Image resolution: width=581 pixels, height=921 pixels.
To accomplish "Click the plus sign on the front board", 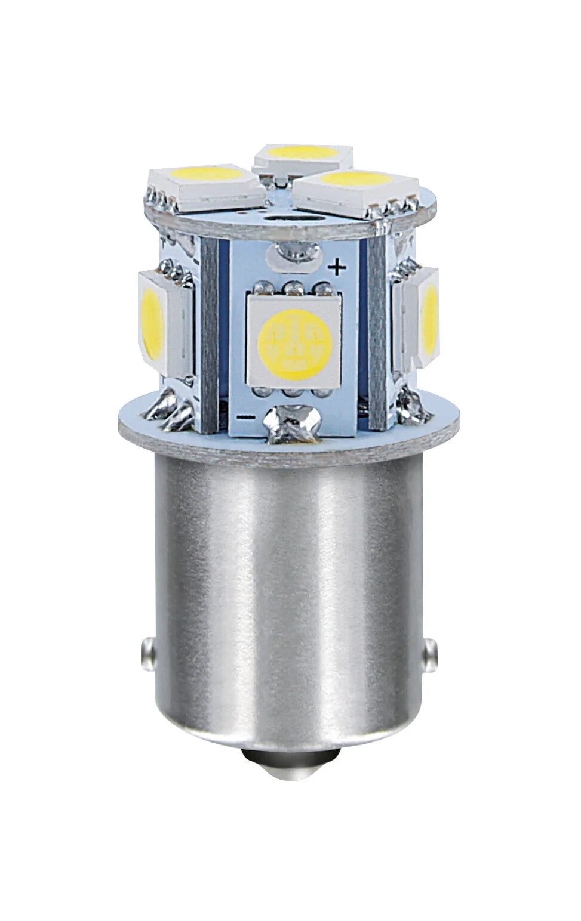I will [x=337, y=268].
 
